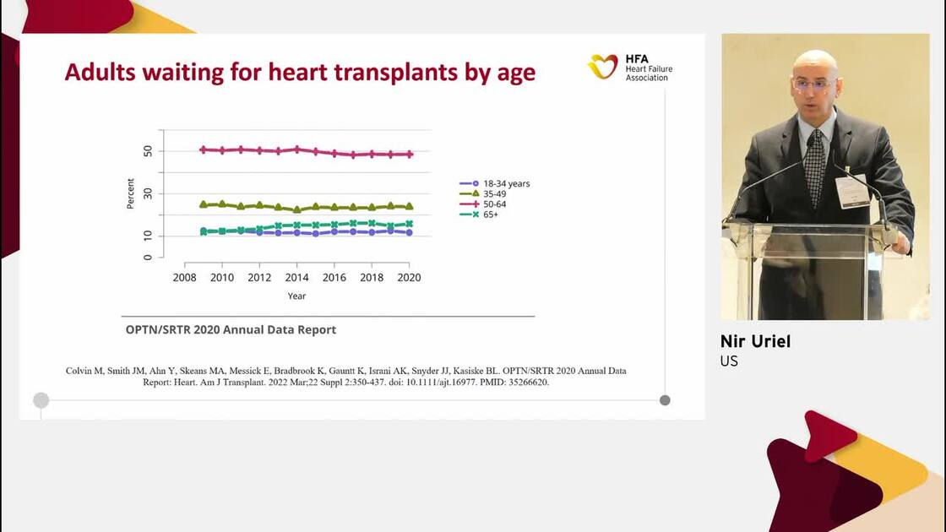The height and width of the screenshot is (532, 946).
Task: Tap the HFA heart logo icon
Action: click(x=603, y=67)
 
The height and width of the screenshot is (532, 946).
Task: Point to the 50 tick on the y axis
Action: click(x=148, y=151)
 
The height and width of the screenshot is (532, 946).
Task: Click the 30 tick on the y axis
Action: click(x=148, y=193)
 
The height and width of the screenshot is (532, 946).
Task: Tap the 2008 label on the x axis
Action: click(x=184, y=278)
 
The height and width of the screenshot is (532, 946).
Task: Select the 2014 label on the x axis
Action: click(x=296, y=278)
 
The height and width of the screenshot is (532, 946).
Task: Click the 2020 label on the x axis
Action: click(x=409, y=278)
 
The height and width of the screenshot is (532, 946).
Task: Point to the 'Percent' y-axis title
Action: click(x=131, y=193)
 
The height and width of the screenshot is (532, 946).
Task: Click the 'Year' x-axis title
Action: click(x=296, y=296)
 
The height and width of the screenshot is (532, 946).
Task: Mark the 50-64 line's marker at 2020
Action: click(x=410, y=155)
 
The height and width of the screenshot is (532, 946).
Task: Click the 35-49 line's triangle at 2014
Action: click(x=296, y=209)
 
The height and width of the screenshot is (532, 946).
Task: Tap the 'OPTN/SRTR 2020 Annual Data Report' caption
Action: click(x=231, y=330)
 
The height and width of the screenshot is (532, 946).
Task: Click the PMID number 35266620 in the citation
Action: click(x=525, y=383)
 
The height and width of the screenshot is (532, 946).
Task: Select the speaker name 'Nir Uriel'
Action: click(x=755, y=341)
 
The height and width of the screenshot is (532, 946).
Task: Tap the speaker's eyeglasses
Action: click(x=814, y=84)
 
